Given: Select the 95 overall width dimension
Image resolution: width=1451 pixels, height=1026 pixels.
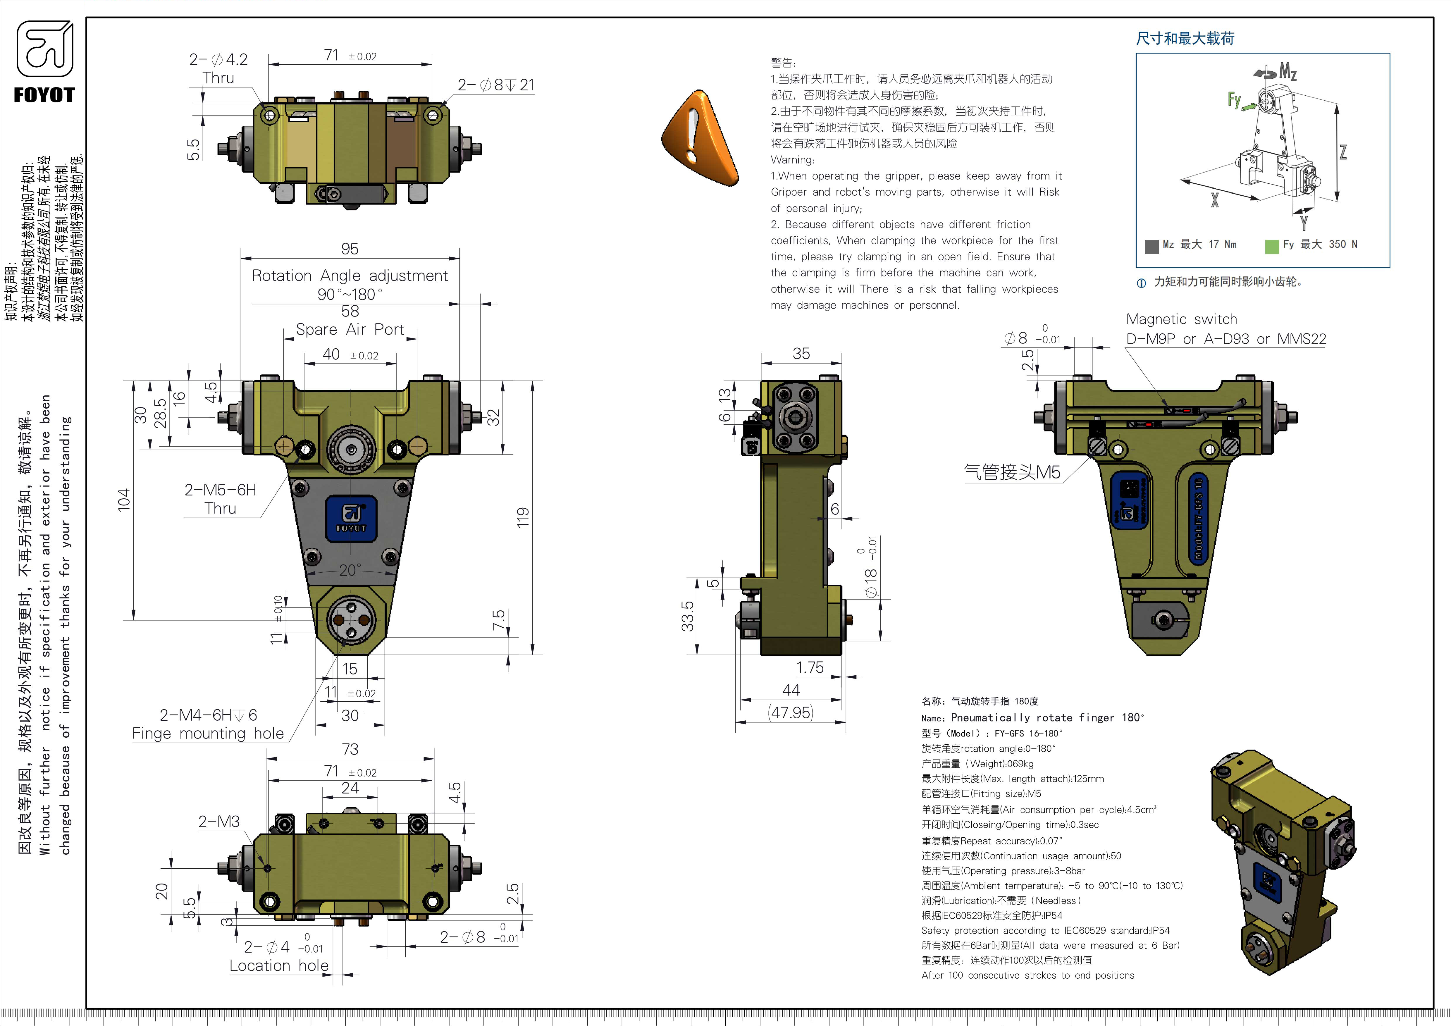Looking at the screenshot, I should [x=350, y=249].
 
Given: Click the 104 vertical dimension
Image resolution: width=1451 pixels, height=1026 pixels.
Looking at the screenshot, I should [x=124, y=499].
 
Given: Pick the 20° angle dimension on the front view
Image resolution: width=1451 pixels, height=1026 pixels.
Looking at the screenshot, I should [x=350, y=571].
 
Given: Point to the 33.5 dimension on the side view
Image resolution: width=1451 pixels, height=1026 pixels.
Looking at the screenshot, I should [x=688, y=616].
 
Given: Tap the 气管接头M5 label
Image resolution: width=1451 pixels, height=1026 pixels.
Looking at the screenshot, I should [x=1012, y=472].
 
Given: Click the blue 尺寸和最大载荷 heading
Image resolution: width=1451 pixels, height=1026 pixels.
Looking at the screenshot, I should [x=1185, y=39].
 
